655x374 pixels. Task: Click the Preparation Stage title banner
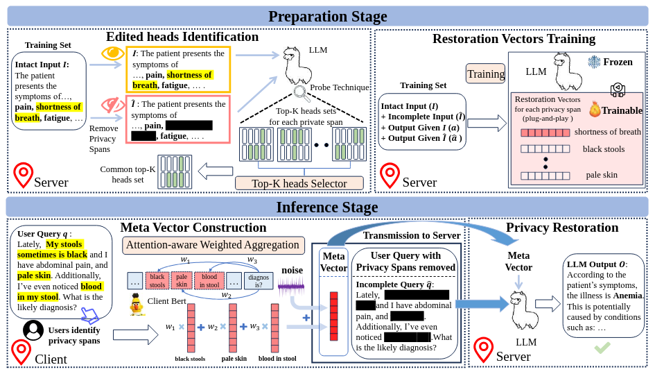(x=327, y=16)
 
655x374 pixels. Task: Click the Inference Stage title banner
(x=327, y=207)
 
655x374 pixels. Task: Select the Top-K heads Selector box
(x=299, y=183)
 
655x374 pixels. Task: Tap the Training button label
(x=486, y=74)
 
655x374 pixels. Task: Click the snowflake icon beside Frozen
(x=594, y=62)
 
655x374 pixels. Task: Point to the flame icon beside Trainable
(x=594, y=109)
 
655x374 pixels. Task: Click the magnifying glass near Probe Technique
(x=301, y=92)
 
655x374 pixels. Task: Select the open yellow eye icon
(x=112, y=53)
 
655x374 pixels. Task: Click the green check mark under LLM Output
(x=602, y=347)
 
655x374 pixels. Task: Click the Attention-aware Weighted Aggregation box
(x=213, y=245)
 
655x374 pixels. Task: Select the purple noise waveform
(x=290, y=285)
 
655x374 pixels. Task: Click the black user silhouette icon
(x=33, y=330)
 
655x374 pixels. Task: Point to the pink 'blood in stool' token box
(x=209, y=280)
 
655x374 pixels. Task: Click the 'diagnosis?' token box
(x=258, y=280)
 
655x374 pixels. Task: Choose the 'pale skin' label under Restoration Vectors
(x=601, y=175)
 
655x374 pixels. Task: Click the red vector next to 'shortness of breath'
(x=545, y=133)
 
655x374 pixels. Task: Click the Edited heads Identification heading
(x=182, y=37)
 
